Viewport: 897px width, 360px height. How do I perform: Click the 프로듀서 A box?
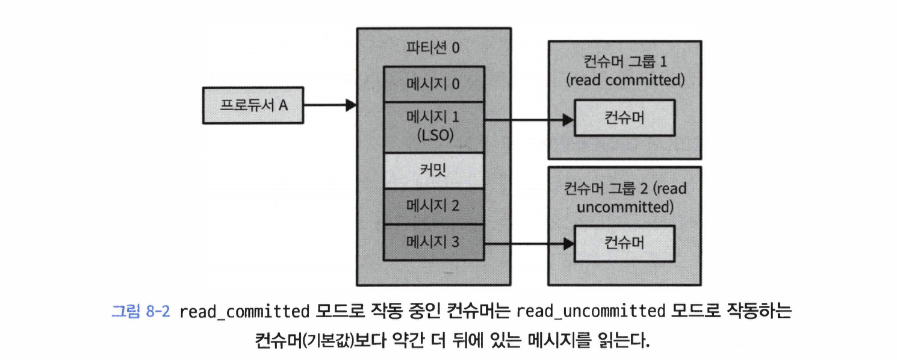click(x=253, y=105)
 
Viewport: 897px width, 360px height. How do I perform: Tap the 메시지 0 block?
click(x=433, y=84)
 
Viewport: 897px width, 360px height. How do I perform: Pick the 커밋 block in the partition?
click(x=433, y=170)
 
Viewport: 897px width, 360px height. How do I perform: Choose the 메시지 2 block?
click(x=433, y=206)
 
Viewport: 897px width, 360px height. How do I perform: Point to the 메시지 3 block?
click(x=433, y=243)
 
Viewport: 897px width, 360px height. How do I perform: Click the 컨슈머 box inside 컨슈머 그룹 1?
click(x=624, y=118)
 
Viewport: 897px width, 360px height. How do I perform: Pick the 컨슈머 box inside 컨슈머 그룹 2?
click(x=624, y=243)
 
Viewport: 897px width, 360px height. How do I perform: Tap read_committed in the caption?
click(x=244, y=311)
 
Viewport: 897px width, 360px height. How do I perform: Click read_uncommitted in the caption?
click(x=591, y=311)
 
